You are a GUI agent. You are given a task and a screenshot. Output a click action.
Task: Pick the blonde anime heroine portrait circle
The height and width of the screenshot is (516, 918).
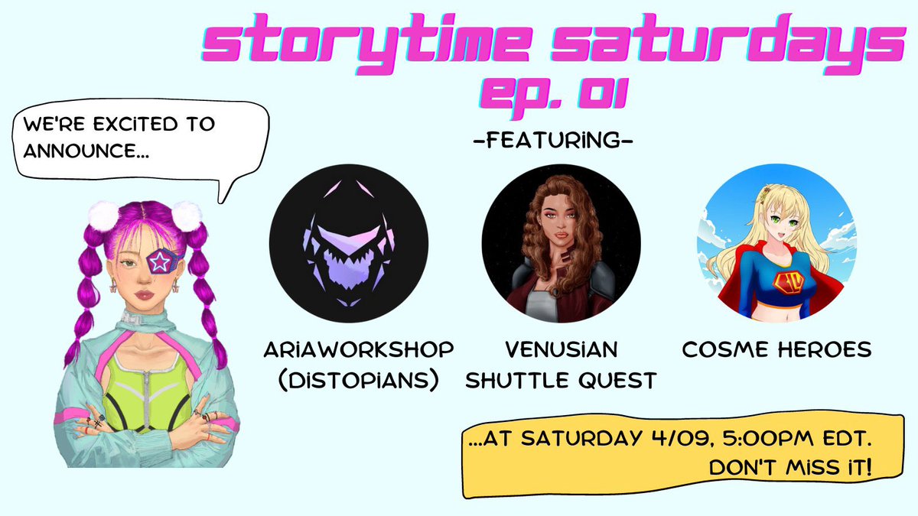(774, 243)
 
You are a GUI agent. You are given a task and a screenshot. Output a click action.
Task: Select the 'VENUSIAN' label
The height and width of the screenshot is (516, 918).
(560, 350)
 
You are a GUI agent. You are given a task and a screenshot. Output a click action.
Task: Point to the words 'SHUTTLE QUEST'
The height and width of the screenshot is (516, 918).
(560, 380)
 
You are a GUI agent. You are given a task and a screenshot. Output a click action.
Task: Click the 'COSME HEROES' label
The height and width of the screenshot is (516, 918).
(776, 350)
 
